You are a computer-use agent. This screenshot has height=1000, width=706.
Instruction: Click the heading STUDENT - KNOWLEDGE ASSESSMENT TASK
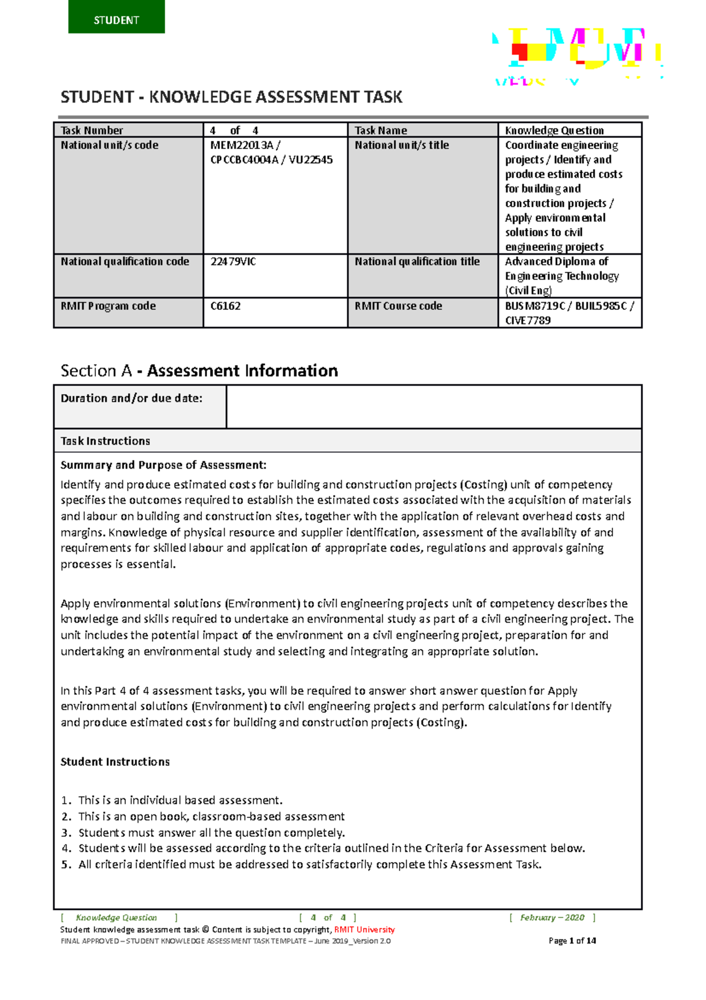[x=231, y=97]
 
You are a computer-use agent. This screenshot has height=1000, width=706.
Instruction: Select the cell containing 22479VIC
[x=275, y=275]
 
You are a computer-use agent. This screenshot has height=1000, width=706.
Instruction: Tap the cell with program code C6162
[x=275, y=312]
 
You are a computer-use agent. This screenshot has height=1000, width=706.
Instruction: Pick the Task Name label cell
[x=422, y=130]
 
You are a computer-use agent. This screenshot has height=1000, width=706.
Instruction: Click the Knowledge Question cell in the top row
[x=569, y=130]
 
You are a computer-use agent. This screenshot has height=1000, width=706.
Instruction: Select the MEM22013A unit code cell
[x=275, y=194]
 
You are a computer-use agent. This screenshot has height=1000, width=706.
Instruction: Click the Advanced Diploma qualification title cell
[x=569, y=275]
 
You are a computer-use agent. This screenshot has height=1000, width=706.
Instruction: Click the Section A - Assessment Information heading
[x=199, y=370]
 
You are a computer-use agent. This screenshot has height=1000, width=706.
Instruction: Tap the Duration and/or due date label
[x=131, y=399]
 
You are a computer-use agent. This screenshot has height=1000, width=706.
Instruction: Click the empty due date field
[x=434, y=406]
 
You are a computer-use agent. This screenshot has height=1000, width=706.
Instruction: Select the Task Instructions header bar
[x=347, y=441]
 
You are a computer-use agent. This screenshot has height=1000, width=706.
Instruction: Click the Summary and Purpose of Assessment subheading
[x=163, y=465]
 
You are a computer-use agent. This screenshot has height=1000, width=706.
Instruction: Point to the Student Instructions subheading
[x=115, y=761]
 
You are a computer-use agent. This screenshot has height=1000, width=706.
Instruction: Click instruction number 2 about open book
[x=211, y=817]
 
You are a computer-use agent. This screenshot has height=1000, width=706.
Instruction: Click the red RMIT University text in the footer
[x=364, y=929]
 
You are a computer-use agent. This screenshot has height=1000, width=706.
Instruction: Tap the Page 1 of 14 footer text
[x=572, y=941]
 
